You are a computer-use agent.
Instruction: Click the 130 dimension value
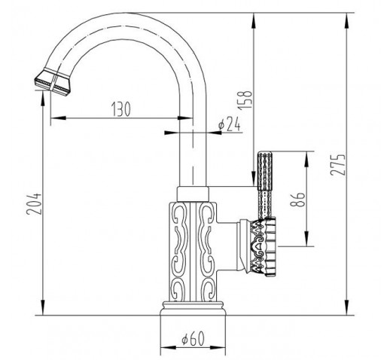click(x=121, y=109)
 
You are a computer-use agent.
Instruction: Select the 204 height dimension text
click(x=34, y=203)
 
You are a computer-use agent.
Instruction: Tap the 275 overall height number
click(x=337, y=164)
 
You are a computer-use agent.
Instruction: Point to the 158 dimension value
click(x=245, y=99)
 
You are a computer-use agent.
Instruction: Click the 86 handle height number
click(x=297, y=200)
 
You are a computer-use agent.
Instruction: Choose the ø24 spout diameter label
click(x=229, y=124)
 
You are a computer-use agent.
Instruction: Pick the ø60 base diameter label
click(x=193, y=338)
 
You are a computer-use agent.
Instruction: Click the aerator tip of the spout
click(x=52, y=82)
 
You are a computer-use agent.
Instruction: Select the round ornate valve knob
click(x=264, y=247)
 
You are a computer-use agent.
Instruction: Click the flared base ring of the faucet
click(x=193, y=308)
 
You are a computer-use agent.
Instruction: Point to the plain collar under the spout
click(x=193, y=194)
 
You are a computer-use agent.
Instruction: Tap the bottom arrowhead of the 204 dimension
click(x=43, y=307)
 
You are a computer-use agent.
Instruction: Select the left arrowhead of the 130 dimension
click(x=58, y=117)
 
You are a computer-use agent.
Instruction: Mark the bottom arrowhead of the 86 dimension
click(x=306, y=239)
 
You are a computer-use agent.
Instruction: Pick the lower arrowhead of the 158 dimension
click(x=254, y=178)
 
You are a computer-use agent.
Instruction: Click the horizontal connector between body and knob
click(x=227, y=247)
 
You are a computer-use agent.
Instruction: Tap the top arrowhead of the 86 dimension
click(x=306, y=159)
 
